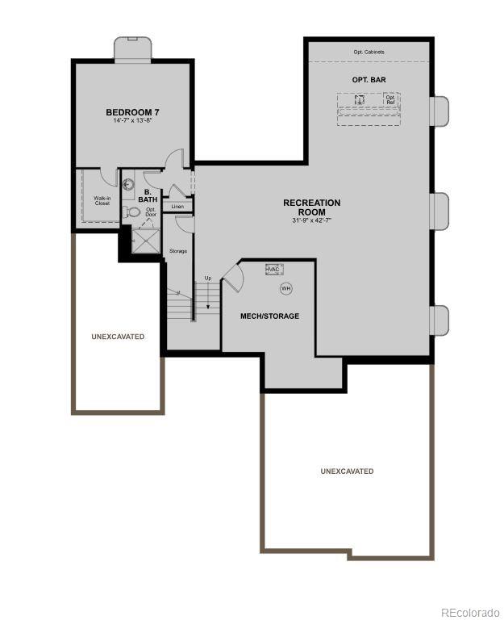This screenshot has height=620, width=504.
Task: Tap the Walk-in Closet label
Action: coord(102,200)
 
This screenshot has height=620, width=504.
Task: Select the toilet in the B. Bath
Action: coord(134,212)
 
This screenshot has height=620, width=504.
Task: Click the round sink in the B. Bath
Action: coord(127,183)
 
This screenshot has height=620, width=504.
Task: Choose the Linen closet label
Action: coord(177,207)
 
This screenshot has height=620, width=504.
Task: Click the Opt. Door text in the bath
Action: coord(151,212)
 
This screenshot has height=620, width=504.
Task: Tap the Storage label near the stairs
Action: coord(177,251)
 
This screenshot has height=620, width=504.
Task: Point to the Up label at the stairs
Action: coord(207,279)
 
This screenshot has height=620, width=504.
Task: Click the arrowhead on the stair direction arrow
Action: coord(207,308)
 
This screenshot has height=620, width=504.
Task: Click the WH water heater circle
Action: coord(285,288)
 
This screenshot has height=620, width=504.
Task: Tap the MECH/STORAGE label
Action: coord(269,316)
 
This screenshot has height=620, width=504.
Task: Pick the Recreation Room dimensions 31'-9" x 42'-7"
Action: coord(311,220)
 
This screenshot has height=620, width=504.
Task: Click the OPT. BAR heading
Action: coord(369,80)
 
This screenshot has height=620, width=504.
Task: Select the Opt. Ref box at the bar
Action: coord(390,100)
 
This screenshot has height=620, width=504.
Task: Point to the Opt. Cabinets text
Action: coord(369,52)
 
